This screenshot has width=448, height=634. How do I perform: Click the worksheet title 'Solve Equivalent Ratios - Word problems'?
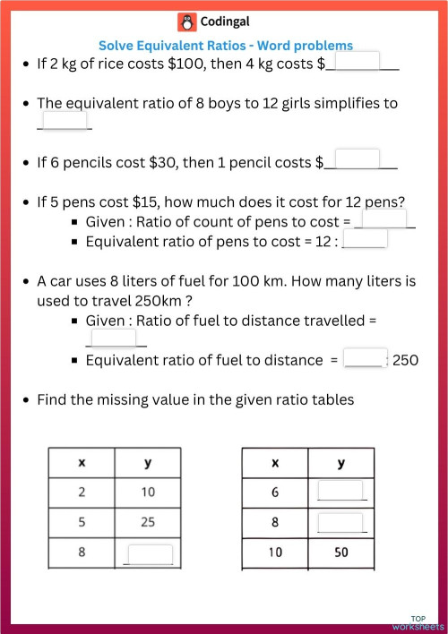(225, 45)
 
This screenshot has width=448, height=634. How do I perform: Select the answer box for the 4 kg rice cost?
(358, 61)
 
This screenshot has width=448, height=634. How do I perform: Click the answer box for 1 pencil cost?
(357, 159)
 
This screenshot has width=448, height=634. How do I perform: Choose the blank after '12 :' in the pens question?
(366, 238)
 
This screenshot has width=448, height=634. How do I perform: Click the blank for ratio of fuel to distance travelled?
(113, 338)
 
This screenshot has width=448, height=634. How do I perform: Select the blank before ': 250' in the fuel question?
(365, 358)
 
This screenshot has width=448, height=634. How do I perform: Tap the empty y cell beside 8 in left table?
(148, 553)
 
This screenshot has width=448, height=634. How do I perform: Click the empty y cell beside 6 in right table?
(340, 492)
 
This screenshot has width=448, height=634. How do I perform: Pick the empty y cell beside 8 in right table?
(340, 522)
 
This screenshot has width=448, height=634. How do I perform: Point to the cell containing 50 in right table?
(340, 553)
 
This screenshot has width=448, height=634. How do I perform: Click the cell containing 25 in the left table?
(148, 522)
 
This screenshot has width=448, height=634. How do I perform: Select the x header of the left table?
(82, 462)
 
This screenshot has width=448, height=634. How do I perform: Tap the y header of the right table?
(340, 462)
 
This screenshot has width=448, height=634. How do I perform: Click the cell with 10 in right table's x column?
(275, 553)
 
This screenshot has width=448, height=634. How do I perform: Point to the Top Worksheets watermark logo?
(418, 622)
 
